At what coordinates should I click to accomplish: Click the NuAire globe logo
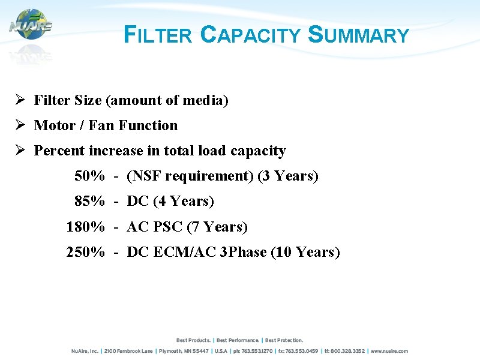(31, 25)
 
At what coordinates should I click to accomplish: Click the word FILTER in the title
(157, 35)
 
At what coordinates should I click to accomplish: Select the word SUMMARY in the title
(358, 35)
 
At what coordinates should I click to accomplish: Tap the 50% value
(89, 176)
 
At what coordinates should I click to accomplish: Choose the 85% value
(89, 202)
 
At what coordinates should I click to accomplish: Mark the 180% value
(85, 227)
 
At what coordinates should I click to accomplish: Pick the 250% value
(85, 253)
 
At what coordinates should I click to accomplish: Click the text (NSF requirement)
(190, 176)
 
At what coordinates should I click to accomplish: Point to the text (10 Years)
(305, 253)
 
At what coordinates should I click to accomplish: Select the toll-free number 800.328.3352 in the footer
(346, 351)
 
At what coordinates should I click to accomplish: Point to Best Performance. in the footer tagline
(238, 340)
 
